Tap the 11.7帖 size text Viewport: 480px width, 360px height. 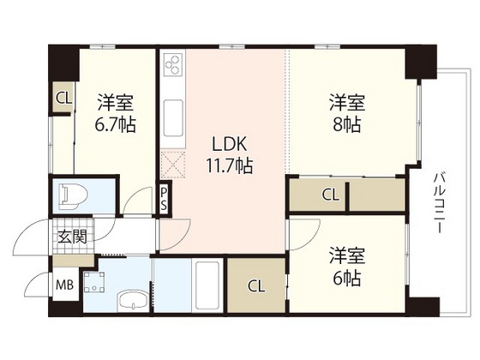point(227,165)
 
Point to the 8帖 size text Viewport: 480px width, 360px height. point(347,125)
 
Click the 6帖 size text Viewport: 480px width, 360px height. point(346,279)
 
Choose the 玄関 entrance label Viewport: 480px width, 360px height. point(72,237)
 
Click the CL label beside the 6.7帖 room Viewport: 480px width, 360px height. point(63,98)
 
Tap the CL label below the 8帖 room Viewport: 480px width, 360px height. point(330,195)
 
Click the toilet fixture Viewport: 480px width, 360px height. point(72,195)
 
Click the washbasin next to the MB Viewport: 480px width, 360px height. point(131,302)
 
